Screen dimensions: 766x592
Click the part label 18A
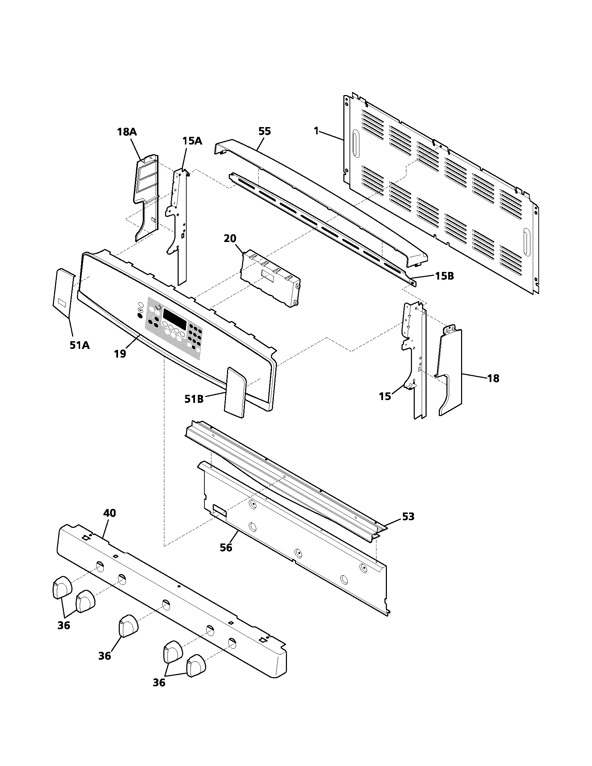127,132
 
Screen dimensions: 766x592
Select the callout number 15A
192,141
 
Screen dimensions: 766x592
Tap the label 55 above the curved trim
265,131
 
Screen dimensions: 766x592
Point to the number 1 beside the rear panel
316,131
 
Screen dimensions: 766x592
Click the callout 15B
444,276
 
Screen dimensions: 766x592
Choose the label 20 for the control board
230,239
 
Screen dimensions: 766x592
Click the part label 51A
80,345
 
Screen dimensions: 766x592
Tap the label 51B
194,399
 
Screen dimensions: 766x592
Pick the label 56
226,547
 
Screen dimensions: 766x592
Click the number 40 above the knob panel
109,513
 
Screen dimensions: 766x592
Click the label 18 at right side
493,378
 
